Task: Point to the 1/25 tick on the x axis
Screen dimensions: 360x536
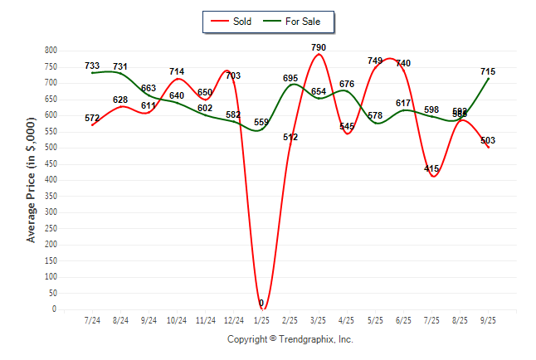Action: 261,319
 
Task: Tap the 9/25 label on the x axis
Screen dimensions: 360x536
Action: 488,319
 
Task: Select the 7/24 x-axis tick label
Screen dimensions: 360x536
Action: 92,319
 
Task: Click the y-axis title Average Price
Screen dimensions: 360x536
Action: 32,180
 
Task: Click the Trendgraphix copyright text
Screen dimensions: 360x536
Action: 290,339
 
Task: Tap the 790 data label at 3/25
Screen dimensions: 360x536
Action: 319,48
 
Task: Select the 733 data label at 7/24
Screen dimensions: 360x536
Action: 92,66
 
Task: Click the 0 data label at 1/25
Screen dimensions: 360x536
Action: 261,304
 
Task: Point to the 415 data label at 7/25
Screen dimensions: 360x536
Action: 431,169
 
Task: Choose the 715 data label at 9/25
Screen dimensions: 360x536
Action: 488,72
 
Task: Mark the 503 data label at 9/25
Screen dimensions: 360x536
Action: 488,140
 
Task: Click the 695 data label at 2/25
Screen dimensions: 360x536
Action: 290,78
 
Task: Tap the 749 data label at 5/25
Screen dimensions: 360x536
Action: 375,61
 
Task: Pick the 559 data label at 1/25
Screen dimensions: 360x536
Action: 261,123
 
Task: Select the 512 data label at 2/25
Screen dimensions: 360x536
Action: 290,137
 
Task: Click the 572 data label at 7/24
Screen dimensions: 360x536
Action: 92,119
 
